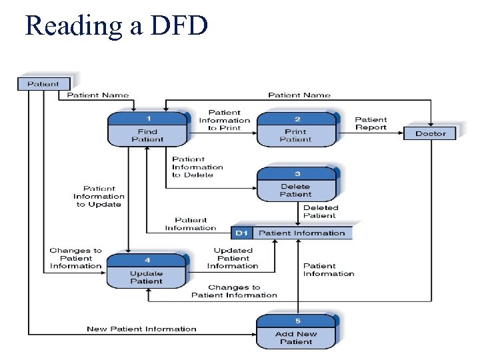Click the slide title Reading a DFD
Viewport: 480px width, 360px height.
tap(116, 25)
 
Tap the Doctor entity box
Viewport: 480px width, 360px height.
tap(431, 133)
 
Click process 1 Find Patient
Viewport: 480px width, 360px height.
tap(148, 131)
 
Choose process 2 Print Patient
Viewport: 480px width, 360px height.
tap(297, 131)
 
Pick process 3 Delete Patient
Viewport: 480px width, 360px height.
tap(297, 185)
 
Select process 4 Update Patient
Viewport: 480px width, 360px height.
tap(147, 272)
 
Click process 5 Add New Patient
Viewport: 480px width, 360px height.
tap(297, 333)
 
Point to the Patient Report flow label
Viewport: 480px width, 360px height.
tap(371, 124)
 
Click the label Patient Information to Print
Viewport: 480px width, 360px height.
tap(225, 121)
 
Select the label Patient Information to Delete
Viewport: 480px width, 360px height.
tap(197, 167)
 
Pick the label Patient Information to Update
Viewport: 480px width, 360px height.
tap(99, 197)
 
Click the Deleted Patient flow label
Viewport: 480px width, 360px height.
tap(321, 212)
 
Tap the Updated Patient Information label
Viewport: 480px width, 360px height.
tap(233, 259)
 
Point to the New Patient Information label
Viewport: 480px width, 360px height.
tap(141, 329)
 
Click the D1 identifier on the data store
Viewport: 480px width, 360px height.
tap(241, 233)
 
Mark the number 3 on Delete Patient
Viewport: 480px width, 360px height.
tap(297, 174)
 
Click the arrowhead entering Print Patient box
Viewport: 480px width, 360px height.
tap(255, 131)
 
